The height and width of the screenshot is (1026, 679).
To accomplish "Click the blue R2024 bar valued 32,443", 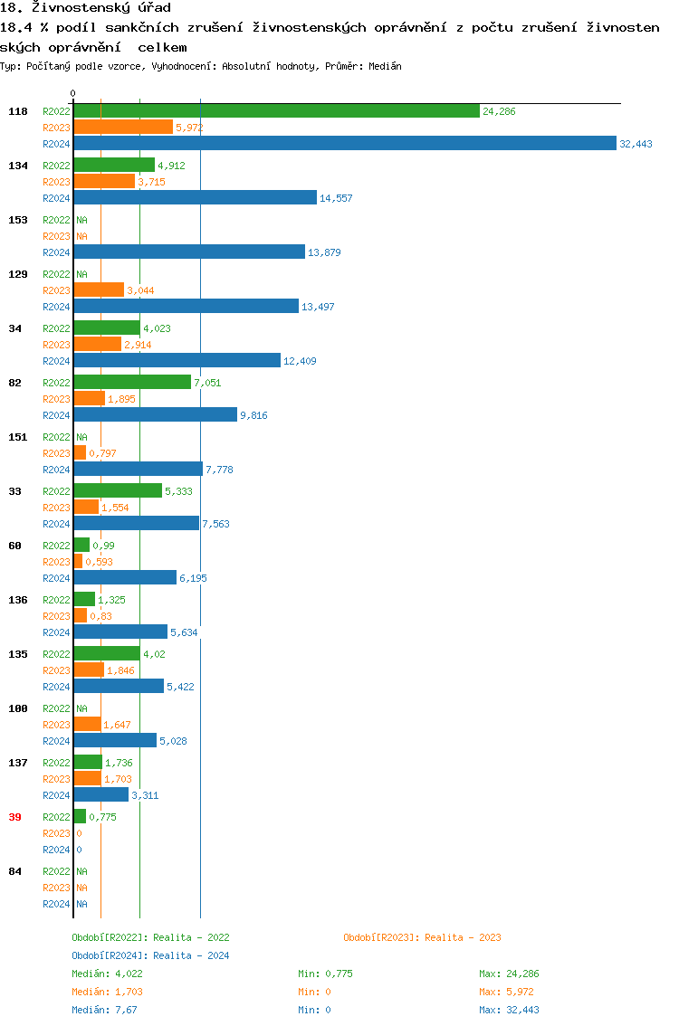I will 344,143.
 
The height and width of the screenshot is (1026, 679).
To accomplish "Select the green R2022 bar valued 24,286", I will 276,110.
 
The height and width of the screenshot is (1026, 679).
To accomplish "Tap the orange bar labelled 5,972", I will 123,127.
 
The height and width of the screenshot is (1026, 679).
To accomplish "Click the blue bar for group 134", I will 195,197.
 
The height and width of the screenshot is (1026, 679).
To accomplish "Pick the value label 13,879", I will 324,252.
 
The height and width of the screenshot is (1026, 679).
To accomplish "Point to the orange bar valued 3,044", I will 99,290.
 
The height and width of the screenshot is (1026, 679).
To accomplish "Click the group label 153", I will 18,220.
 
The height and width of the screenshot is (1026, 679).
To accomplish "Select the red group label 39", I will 14,817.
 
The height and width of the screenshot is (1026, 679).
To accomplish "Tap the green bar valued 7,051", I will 132,382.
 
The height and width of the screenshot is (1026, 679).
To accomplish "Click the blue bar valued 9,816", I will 155,414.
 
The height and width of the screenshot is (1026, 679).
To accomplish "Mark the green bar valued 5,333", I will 118,490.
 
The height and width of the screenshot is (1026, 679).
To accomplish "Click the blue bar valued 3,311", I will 100,794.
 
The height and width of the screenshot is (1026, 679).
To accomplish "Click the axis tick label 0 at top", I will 73,93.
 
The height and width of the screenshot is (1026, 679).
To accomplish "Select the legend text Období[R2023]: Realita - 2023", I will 422,937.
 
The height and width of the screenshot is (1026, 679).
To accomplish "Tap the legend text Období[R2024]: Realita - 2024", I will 150,955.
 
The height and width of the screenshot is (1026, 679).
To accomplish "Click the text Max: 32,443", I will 509,1010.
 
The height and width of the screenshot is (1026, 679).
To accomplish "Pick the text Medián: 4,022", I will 107,974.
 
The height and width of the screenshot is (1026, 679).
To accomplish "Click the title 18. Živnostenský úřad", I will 85,8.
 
